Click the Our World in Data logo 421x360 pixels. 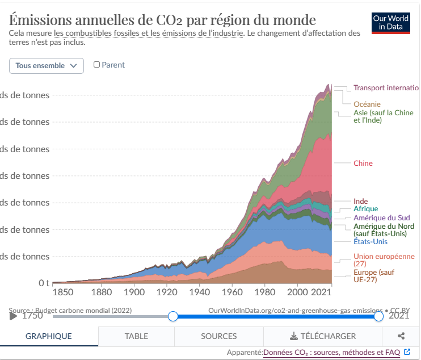[x=390, y=23]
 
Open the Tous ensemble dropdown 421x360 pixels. [x=47, y=66]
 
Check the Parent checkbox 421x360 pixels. [x=96, y=65]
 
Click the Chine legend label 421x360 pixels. [x=363, y=164]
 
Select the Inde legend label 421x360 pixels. [x=360, y=201]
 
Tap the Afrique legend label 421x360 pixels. [x=365, y=209]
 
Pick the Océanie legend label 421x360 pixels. [x=367, y=104]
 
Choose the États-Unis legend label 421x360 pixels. [x=371, y=242]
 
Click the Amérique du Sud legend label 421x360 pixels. [x=381, y=217]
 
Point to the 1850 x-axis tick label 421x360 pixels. [x=63, y=292]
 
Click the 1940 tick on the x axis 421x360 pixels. [x=200, y=292]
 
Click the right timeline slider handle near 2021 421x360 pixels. [x=378, y=316]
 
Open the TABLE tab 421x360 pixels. [x=136, y=336]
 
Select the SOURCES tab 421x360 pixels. [x=219, y=336]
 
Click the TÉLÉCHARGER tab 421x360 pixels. [x=322, y=336]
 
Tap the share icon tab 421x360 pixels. [x=401, y=336]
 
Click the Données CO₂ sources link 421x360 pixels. [x=331, y=353]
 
